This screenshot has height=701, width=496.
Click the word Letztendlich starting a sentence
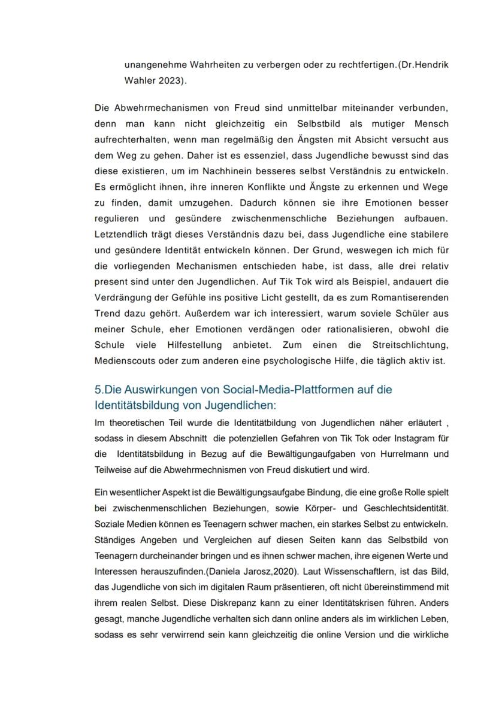tap(123, 232)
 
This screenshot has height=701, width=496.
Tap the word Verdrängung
tap(123, 297)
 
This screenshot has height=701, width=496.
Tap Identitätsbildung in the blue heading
tap(138, 405)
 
